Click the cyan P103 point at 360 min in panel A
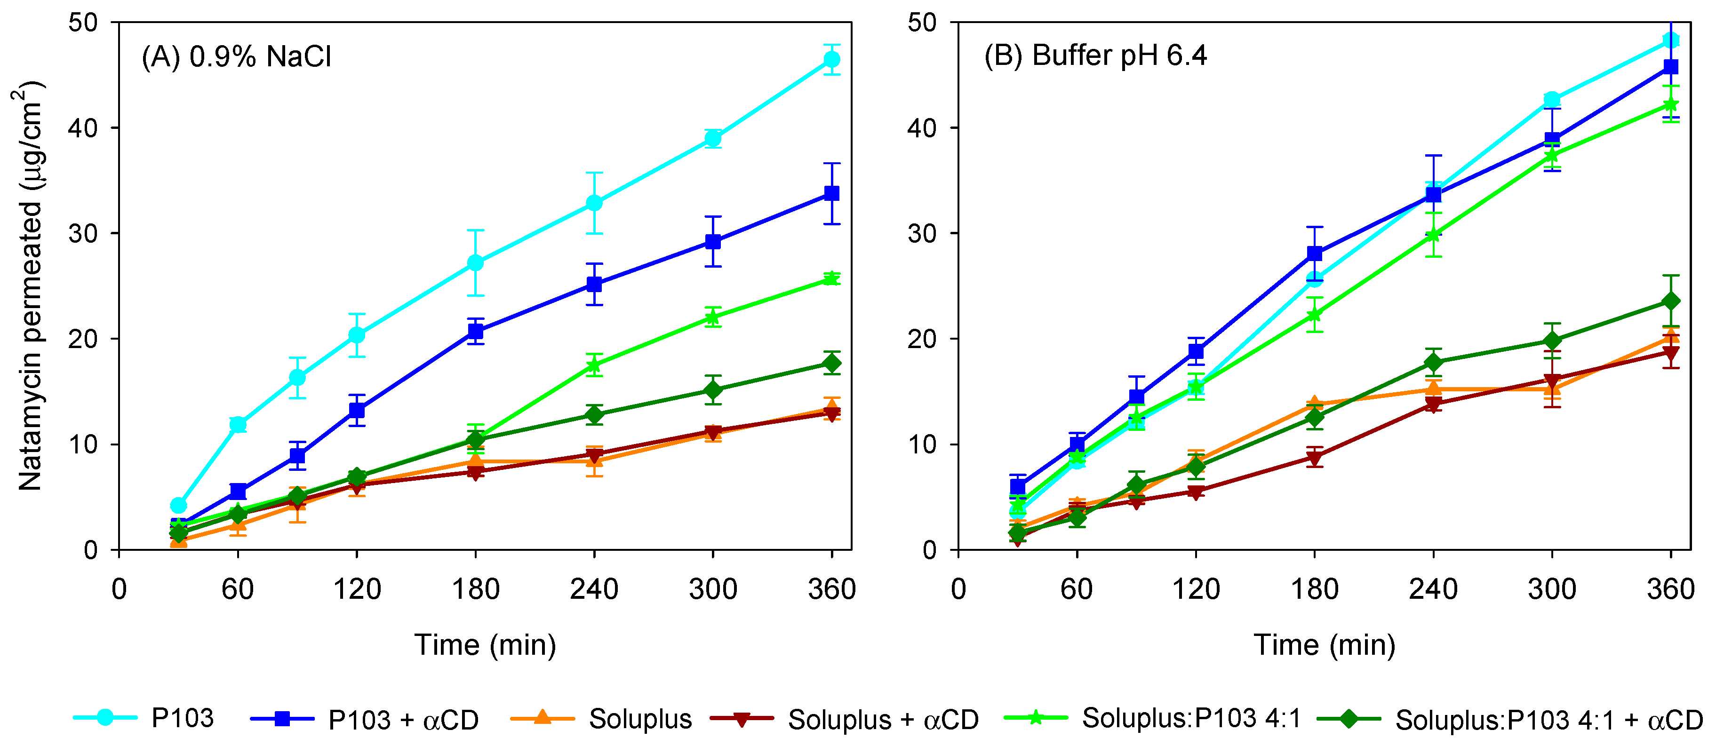click(x=831, y=60)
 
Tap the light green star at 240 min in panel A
click(x=594, y=365)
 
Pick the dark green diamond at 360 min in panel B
click(x=1671, y=302)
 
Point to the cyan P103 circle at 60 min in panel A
click(x=238, y=424)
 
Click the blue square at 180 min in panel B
click(x=1314, y=254)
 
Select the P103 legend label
click(x=183, y=718)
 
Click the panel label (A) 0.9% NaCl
click(x=237, y=56)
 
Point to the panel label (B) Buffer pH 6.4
click(x=1095, y=56)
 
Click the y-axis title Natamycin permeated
click(x=30, y=286)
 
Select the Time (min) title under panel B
click(x=1325, y=645)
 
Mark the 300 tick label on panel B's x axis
click(x=1552, y=589)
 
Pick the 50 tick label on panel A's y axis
click(x=83, y=23)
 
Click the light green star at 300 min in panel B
click(x=1552, y=155)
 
